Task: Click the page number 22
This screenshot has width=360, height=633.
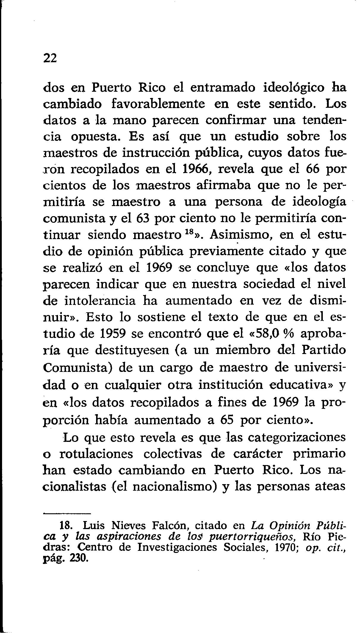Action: click(x=50, y=58)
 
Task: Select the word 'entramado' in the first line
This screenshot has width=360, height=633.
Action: click(x=224, y=88)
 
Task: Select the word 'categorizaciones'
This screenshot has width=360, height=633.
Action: click(x=297, y=438)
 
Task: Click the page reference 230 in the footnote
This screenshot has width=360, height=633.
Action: click(x=79, y=558)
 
